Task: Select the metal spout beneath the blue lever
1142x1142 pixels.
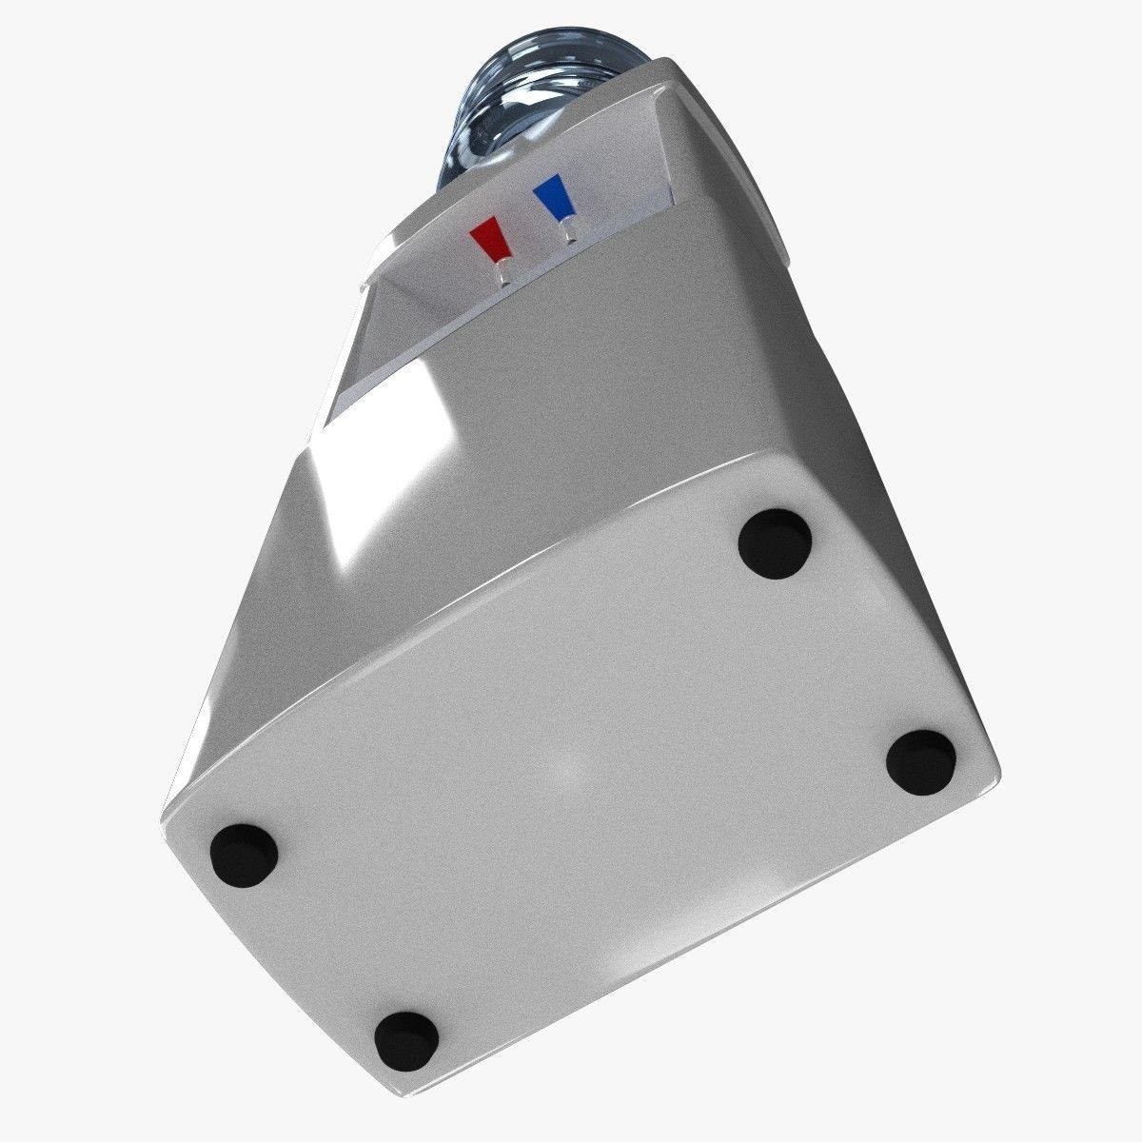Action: [x=569, y=231]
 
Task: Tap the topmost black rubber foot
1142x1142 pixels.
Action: [x=776, y=543]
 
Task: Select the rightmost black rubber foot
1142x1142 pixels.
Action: [x=920, y=762]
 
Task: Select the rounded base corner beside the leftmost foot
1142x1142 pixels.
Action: [x=176, y=818]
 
